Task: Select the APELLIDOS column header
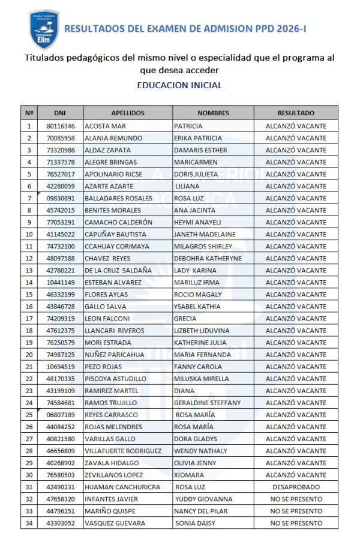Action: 128,113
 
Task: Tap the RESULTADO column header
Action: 296,113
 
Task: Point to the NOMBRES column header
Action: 213,113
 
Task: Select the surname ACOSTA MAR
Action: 105,126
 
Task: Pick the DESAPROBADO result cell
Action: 296,487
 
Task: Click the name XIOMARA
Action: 189,475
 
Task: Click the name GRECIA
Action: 185,319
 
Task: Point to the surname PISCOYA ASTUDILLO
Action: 115,379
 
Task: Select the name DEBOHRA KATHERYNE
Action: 208,258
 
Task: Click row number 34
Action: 29,523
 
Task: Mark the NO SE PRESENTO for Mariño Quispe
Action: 296,511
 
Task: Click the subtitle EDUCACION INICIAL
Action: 179,85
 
